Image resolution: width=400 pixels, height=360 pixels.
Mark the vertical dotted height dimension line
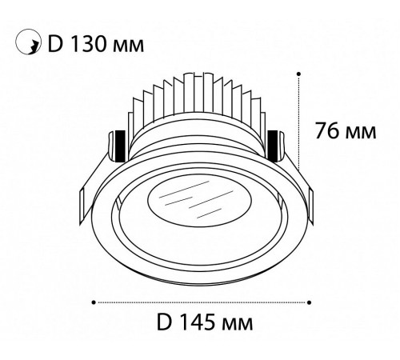pyautogui.click(x=298, y=120)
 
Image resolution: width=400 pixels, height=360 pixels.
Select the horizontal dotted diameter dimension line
pyautogui.click(x=200, y=302)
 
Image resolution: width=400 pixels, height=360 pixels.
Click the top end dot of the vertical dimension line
pyautogui.click(x=298, y=73)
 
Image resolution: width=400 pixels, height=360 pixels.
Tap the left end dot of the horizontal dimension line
pyautogui.click(x=94, y=302)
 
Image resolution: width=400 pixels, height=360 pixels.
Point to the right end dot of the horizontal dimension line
pyautogui.click(x=309, y=302)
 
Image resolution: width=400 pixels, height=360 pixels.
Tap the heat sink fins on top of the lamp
pyautogui.click(x=200, y=100)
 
